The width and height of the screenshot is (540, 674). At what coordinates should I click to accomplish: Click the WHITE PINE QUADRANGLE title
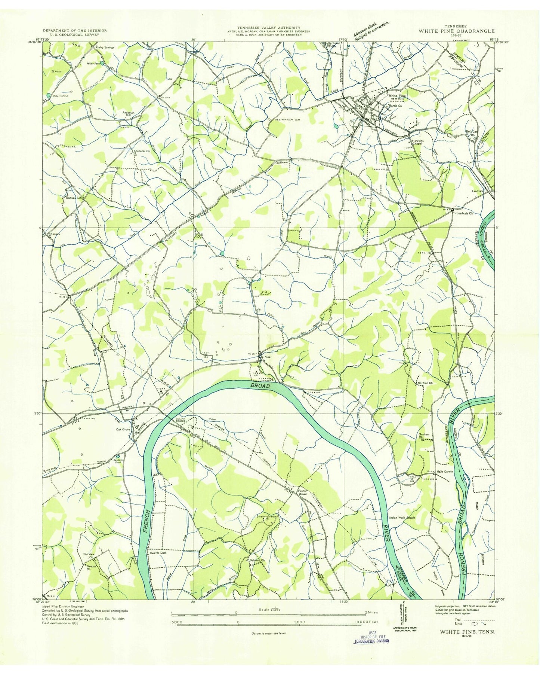(456, 31)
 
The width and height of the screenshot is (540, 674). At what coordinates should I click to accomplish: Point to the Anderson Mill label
(128, 114)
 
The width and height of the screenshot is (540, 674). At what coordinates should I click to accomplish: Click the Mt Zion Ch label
(425, 383)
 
